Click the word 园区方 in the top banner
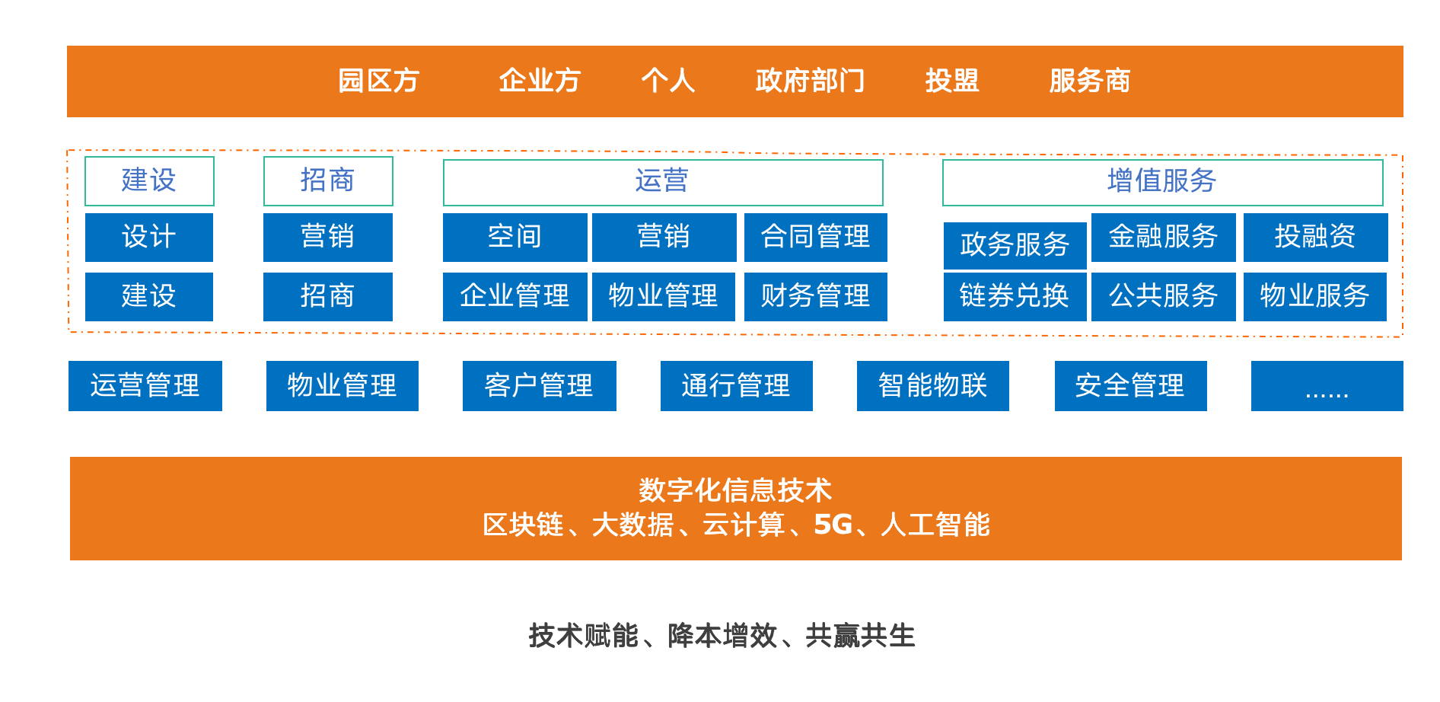click(378, 81)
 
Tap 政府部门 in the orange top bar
click(810, 81)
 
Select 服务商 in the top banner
click(1090, 81)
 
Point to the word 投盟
click(952, 81)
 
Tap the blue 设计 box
click(149, 238)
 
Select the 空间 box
click(515, 238)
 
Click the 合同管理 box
click(816, 238)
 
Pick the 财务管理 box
click(816, 297)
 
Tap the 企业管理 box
click(515, 297)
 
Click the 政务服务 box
click(1015, 245)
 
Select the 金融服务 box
click(1164, 238)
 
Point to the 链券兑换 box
click(1015, 297)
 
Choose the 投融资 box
click(1316, 238)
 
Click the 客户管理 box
click(540, 386)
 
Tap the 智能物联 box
click(933, 386)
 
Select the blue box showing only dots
click(1327, 386)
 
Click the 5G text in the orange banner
click(833, 525)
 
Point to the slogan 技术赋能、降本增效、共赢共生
click(722, 636)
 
